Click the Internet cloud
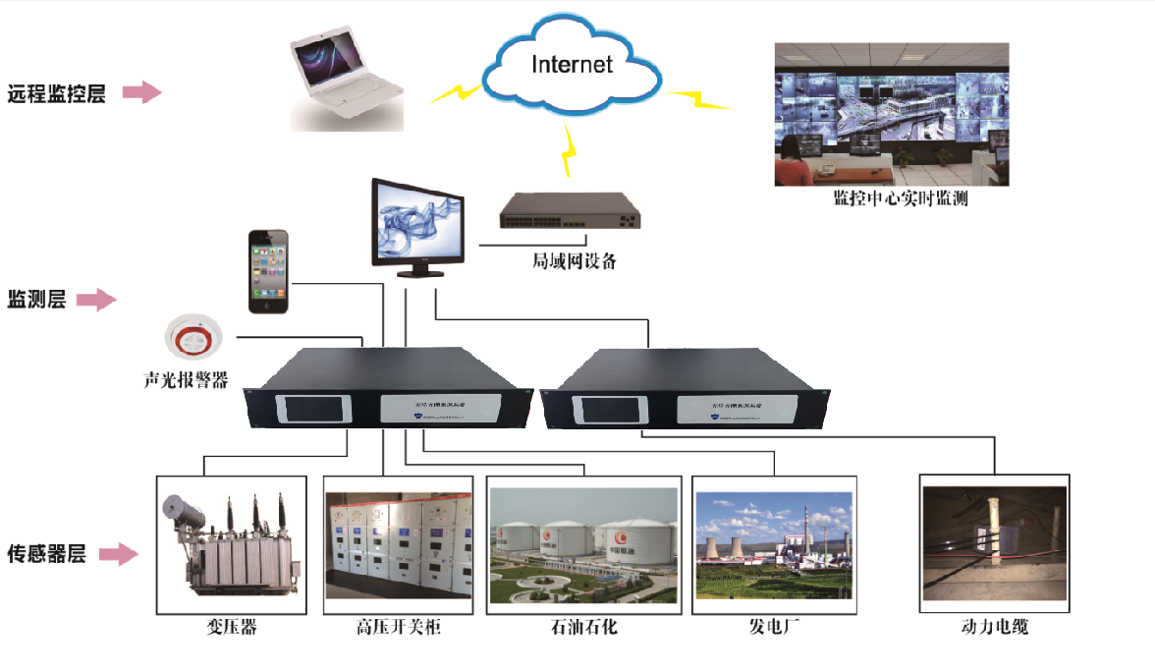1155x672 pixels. (572, 67)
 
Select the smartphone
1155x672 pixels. (268, 272)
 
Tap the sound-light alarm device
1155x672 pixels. (194, 338)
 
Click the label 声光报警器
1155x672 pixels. (185, 379)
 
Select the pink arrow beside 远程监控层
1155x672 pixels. (141, 93)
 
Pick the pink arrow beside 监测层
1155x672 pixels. (96, 301)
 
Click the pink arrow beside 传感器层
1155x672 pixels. (117, 555)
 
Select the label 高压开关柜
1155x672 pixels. (398, 627)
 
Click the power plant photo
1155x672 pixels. (774, 545)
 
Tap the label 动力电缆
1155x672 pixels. (994, 627)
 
